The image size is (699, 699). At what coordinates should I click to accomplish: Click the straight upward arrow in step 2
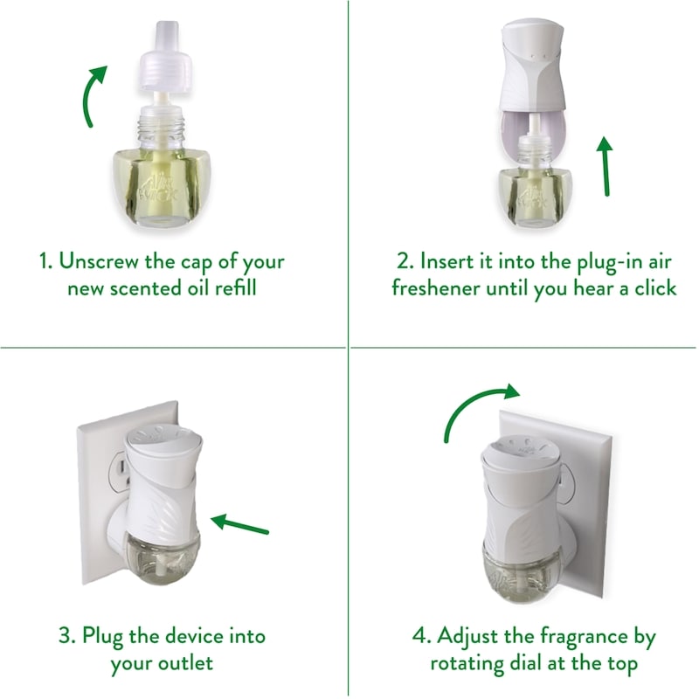[x=606, y=166]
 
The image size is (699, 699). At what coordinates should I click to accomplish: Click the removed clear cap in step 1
[x=164, y=57]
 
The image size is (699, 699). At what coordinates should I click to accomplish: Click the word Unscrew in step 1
[x=99, y=260]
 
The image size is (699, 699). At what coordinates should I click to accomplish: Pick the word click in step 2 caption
[x=655, y=288]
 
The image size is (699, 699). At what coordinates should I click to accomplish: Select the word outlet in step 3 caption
[x=186, y=663]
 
